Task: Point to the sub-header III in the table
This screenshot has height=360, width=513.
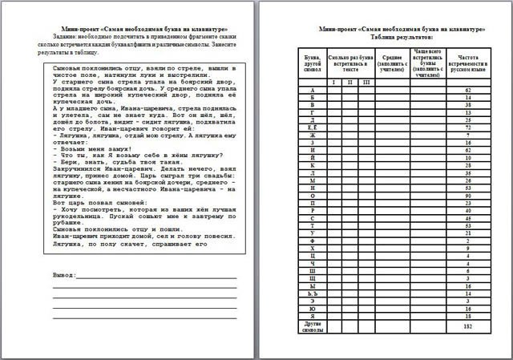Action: tap(366, 82)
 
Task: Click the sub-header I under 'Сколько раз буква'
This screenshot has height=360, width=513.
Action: tap(334, 82)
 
